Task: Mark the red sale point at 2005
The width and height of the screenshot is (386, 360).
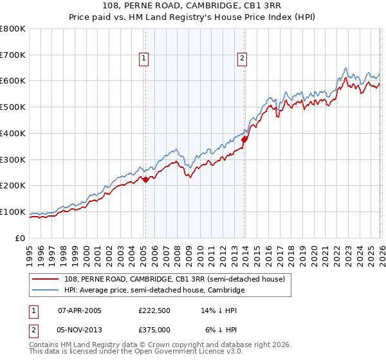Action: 145,179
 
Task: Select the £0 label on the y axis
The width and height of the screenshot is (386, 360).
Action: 21,238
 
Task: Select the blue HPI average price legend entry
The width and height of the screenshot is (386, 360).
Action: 154,291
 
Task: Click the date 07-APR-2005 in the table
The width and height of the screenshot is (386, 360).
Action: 79,310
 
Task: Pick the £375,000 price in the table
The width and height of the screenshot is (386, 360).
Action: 154,330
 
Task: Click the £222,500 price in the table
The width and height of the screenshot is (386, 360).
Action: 154,310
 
